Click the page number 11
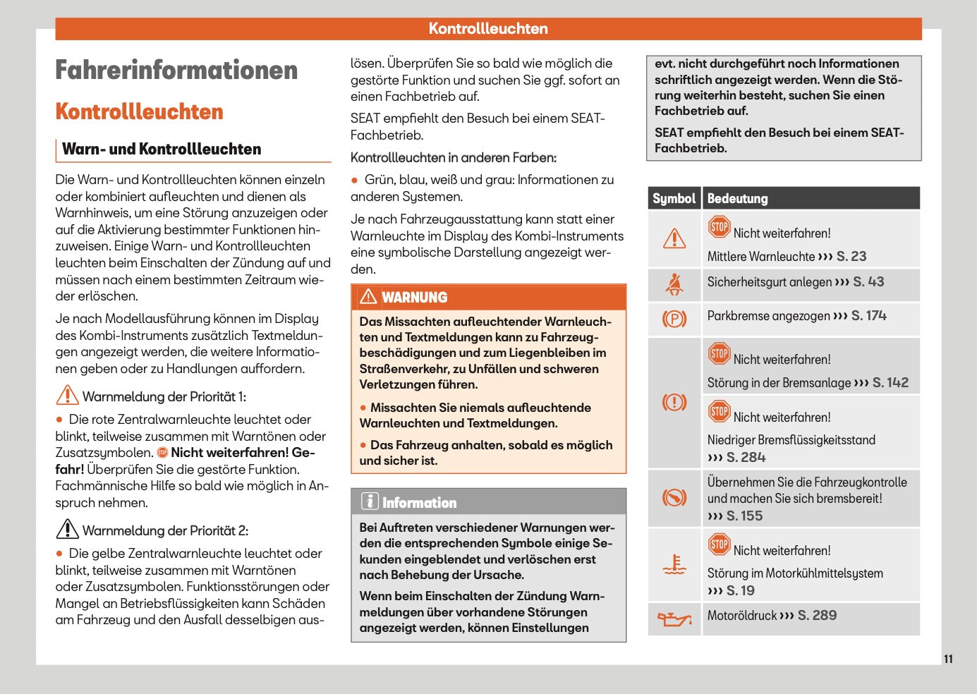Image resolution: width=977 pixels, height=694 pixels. click(x=948, y=659)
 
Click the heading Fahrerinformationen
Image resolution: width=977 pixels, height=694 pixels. click(x=176, y=71)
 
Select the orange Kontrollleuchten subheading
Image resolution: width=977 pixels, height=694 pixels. click(x=139, y=111)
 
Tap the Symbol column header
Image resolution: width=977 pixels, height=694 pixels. click(x=674, y=198)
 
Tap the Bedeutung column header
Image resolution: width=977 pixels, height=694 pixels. click(x=737, y=198)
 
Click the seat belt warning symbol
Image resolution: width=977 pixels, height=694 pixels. click(x=674, y=284)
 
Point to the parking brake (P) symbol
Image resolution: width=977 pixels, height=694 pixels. click(x=674, y=319)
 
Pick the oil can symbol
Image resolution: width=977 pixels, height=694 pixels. click(x=674, y=619)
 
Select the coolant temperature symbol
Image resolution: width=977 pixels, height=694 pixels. click(x=674, y=565)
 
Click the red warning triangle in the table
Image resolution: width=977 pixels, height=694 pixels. click(x=674, y=238)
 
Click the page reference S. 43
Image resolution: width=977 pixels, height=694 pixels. click(x=868, y=281)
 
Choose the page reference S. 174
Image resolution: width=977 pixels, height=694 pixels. click(x=868, y=315)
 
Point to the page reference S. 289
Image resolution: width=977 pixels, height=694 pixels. click(x=817, y=615)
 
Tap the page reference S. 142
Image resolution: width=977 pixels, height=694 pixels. click(x=890, y=382)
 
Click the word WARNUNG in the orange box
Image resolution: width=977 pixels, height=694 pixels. click(x=415, y=298)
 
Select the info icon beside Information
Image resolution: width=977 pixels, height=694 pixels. click(x=370, y=501)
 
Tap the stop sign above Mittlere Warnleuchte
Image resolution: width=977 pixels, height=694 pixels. click(x=719, y=227)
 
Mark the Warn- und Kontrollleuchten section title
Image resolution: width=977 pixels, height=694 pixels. click(x=162, y=149)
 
